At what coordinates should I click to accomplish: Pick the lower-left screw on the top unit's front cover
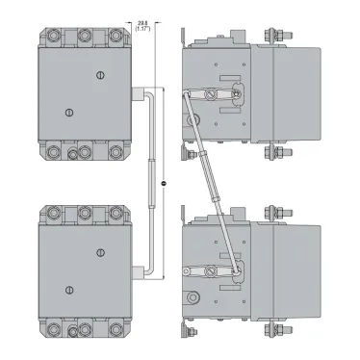click(66, 114)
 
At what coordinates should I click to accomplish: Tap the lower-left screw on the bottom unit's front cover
click(66, 290)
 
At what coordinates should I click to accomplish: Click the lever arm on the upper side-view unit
click(217, 94)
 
